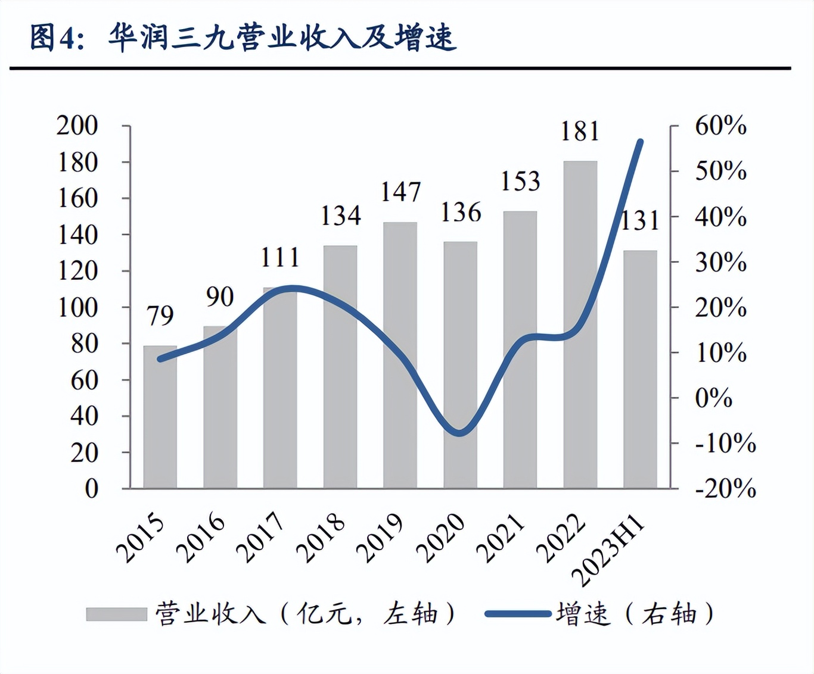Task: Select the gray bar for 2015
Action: click(160, 417)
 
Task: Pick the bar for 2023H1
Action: click(640, 369)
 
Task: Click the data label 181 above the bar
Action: click(580, 131)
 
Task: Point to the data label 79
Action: click(160, 316)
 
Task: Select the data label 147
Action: click(400, 192)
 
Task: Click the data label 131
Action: click(640, 221)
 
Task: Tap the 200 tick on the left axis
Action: click(77, 126)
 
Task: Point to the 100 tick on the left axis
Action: click(77, 307)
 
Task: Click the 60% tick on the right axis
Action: click(720, 126)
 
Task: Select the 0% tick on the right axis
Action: click(713, 398)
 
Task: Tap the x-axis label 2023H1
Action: click(609, 551)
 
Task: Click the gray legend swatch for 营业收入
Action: click(116, 614)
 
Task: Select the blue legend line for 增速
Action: click(517, 614)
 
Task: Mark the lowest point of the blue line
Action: click(459, 433)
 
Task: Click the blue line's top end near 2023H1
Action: click(641, 142)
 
